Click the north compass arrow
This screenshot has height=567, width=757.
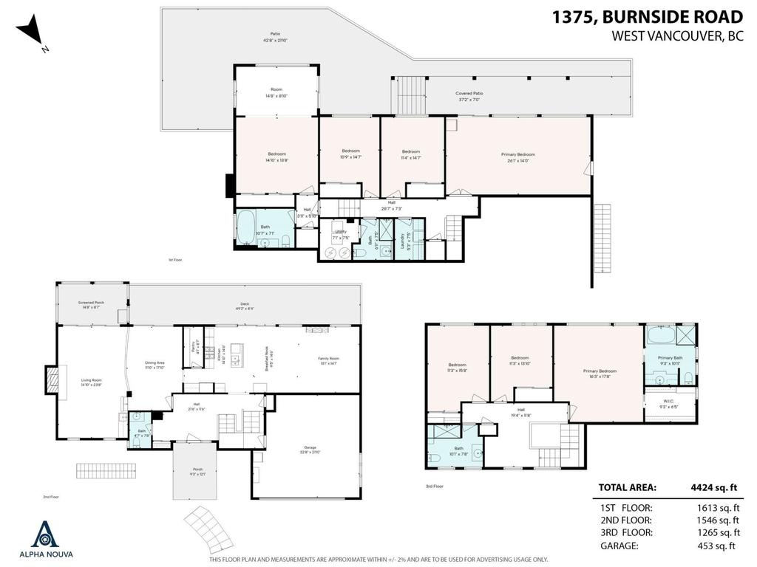[31, 33]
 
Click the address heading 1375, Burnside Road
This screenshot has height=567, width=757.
[648, 16]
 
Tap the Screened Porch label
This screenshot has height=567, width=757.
[91, 304]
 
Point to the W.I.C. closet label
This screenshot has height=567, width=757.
[670, 404]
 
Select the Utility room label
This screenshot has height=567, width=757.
[341, 233]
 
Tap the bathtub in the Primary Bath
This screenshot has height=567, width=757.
[659, 337]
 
